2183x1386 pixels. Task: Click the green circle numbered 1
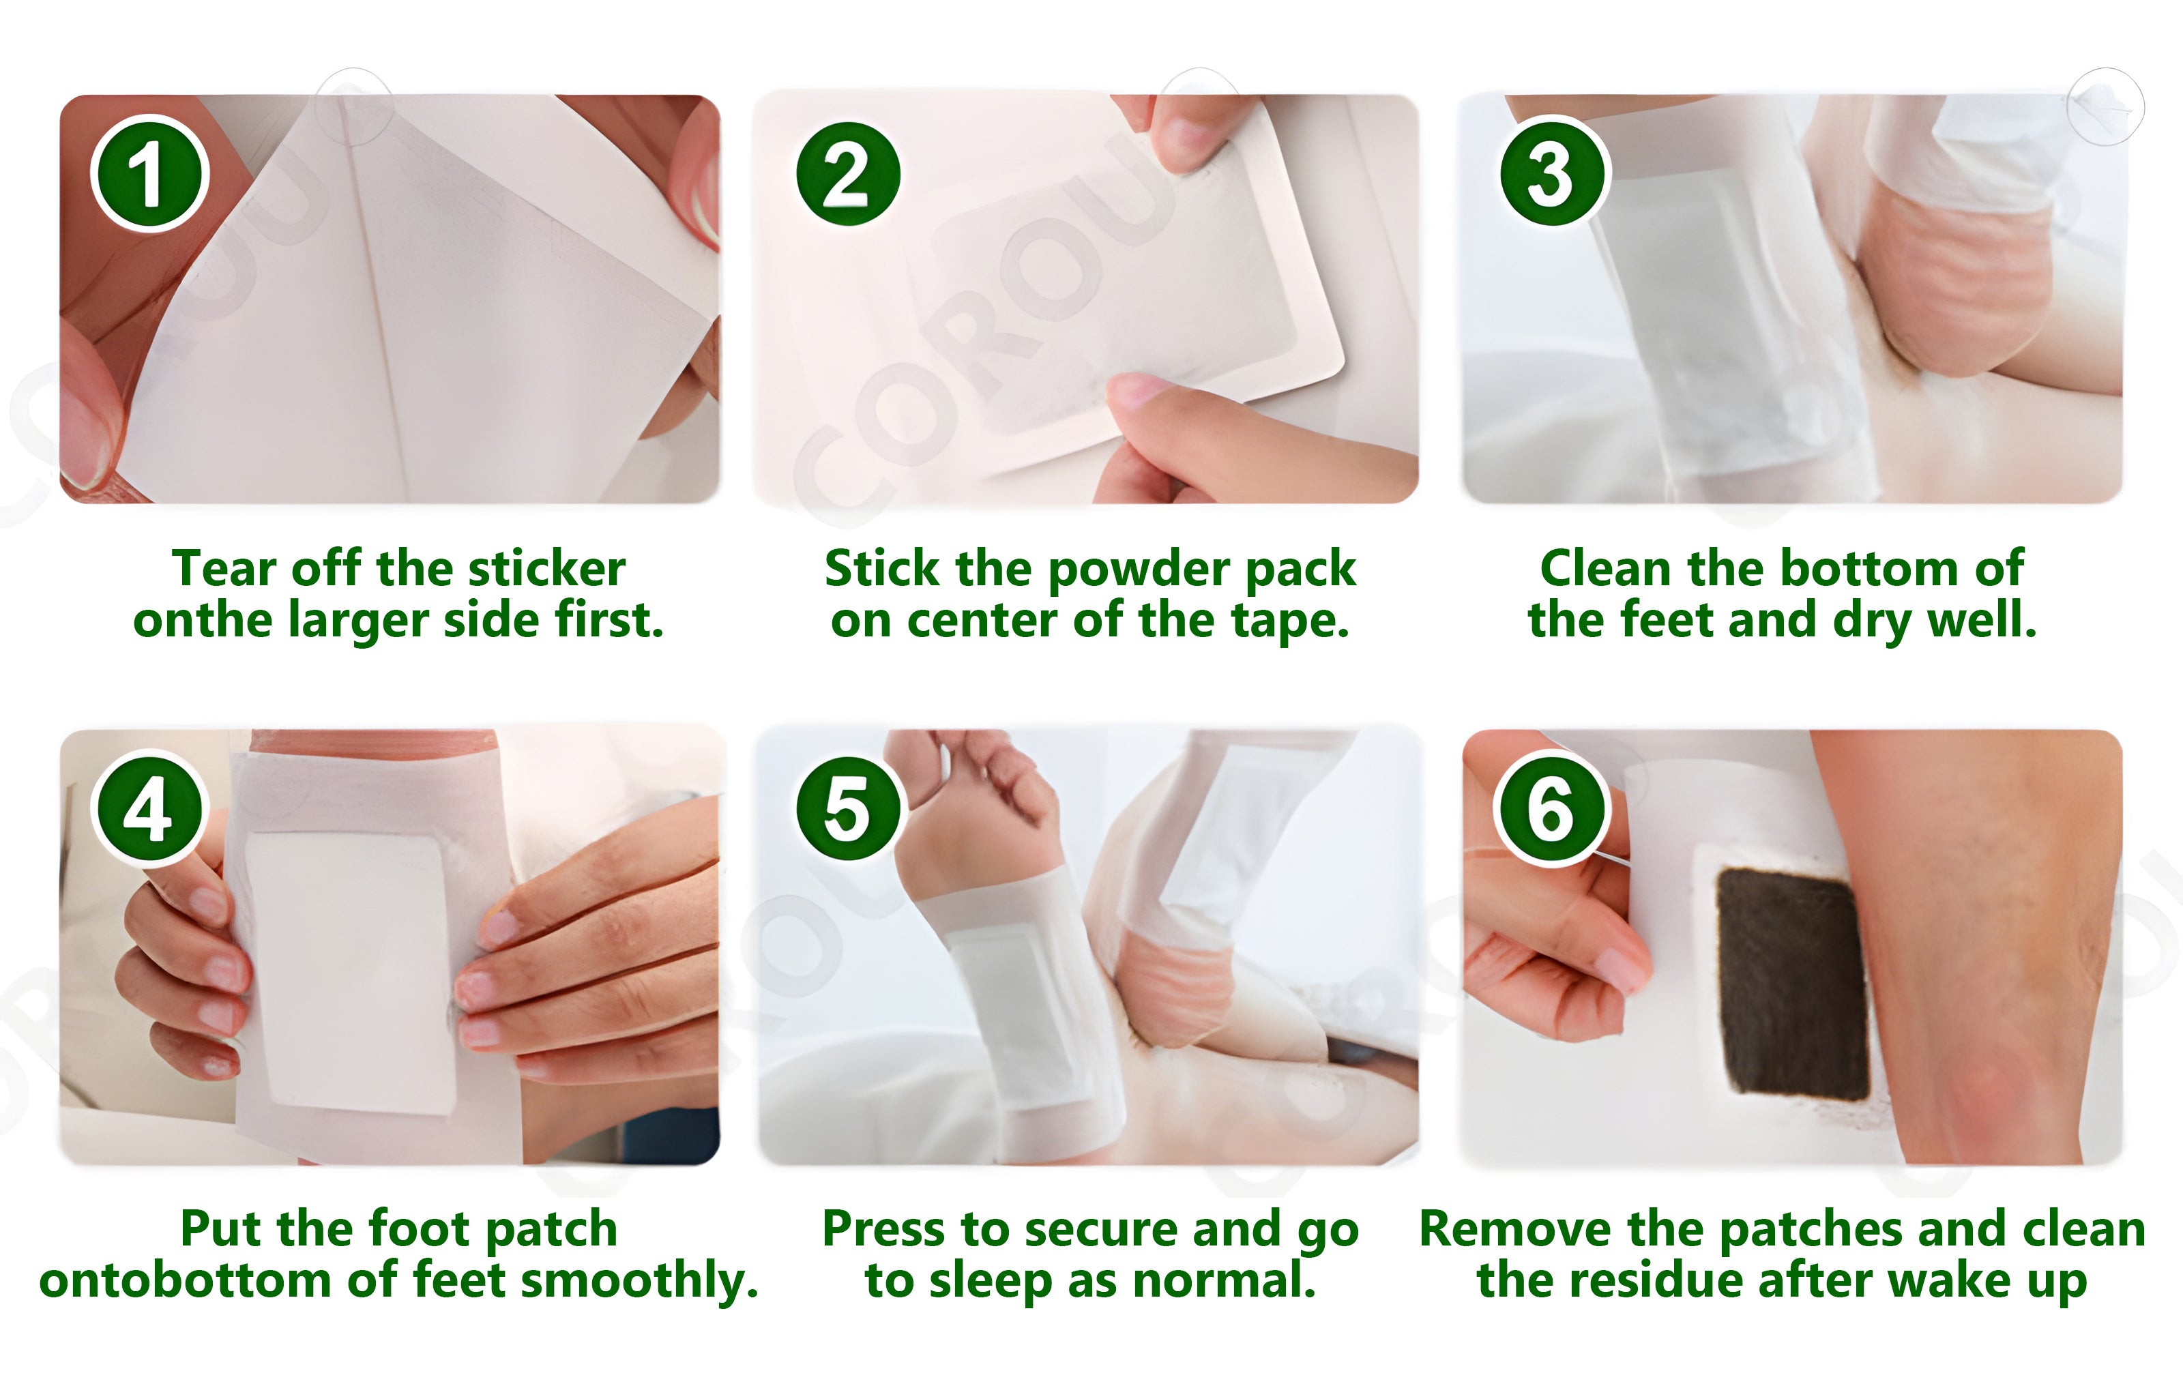149,173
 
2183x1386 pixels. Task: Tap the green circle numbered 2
848,173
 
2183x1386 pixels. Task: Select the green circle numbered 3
1551,173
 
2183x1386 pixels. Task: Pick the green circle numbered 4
149,808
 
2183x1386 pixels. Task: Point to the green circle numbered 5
848,808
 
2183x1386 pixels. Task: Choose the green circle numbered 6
1551,808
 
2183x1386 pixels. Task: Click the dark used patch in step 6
1793,984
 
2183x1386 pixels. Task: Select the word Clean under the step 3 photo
1605,570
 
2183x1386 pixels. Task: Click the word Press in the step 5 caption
884,1229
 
